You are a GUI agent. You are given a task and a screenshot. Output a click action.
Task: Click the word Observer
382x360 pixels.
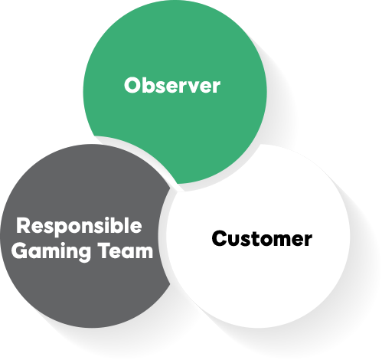pos(172,85)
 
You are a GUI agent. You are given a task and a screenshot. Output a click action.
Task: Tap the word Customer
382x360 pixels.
pos(262,238)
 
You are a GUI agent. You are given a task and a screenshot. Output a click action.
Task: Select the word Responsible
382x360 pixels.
pos(79,227)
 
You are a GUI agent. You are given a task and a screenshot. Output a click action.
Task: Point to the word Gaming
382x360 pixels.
pos(51,252)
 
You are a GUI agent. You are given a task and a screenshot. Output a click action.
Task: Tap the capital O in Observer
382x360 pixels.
pos(132,86)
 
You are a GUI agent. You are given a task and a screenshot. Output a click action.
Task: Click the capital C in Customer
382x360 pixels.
pos(220,238)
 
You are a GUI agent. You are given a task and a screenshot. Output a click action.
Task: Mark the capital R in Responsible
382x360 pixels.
pos(23,225)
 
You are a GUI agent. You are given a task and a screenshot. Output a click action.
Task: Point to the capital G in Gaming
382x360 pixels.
pos(19,250)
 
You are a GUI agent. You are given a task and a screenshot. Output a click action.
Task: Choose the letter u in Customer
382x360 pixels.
pos(235,241)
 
